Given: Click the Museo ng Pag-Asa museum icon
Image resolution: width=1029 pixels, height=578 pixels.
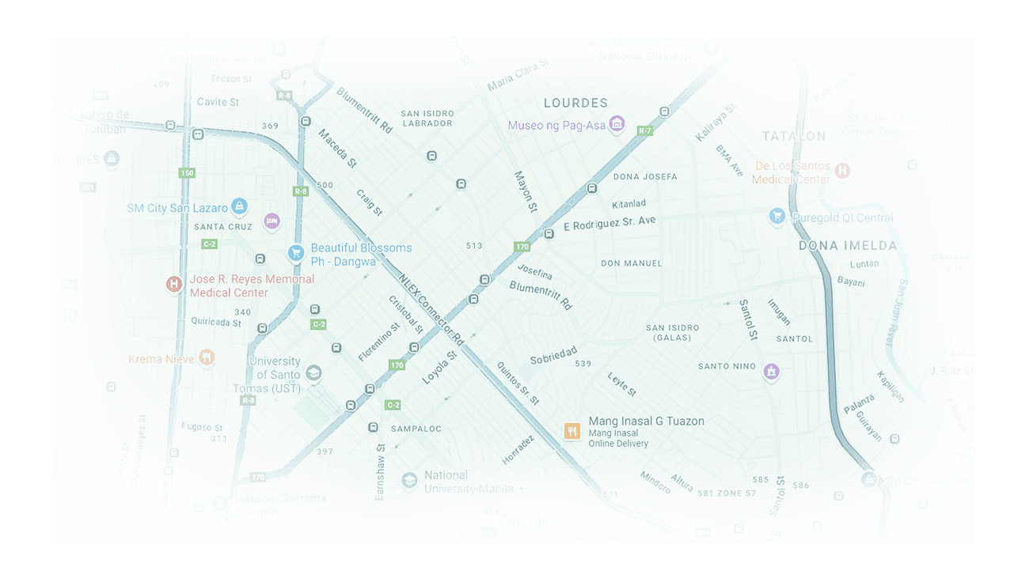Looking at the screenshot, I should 617,124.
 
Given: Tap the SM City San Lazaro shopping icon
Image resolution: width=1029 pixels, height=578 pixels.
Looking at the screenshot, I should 239,207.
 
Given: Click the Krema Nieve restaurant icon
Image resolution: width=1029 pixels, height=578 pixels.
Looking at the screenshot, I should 206,358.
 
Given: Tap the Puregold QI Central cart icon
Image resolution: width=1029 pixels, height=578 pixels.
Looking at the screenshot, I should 777,217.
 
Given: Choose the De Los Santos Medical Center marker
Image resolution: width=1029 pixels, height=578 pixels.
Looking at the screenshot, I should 843,171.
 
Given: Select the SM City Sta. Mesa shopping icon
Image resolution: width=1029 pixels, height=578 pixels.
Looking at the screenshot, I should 869,480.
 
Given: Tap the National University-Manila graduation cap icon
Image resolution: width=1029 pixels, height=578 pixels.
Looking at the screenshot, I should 409,481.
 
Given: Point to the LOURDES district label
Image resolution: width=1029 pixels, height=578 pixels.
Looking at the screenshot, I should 575,103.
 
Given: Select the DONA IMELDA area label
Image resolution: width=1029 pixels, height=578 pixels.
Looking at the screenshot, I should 848,246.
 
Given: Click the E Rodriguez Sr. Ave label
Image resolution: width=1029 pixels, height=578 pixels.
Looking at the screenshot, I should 609,224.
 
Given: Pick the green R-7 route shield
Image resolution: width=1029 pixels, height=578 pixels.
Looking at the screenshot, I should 645,130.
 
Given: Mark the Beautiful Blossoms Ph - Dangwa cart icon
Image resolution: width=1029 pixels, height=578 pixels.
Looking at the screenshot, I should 296,253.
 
